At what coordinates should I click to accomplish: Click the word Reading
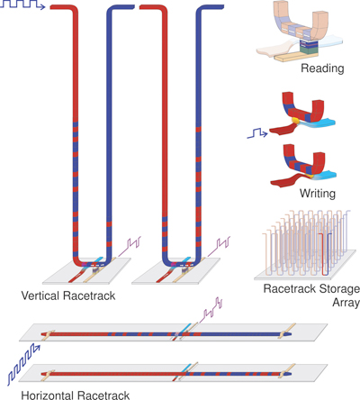(x=322, y=68)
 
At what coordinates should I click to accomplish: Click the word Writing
(x=318, y=193)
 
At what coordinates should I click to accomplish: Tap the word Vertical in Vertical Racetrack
(x=40, y=295)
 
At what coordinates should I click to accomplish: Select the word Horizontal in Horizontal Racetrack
(x=48, y=395)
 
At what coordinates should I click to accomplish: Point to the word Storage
(x=339, y=289)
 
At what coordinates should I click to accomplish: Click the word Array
(x=346, y=303)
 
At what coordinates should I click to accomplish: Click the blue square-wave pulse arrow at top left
(x=22, y=5)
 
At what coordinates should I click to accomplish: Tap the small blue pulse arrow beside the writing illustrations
(x=257, y=133)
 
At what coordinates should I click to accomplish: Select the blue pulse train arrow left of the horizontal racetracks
(x=23, y=364)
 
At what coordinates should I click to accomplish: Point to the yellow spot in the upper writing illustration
(x=295, y=121)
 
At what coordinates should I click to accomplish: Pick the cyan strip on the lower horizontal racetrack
(x=186, y=368)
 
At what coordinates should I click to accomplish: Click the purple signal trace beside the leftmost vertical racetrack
(x=130, y=246)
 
